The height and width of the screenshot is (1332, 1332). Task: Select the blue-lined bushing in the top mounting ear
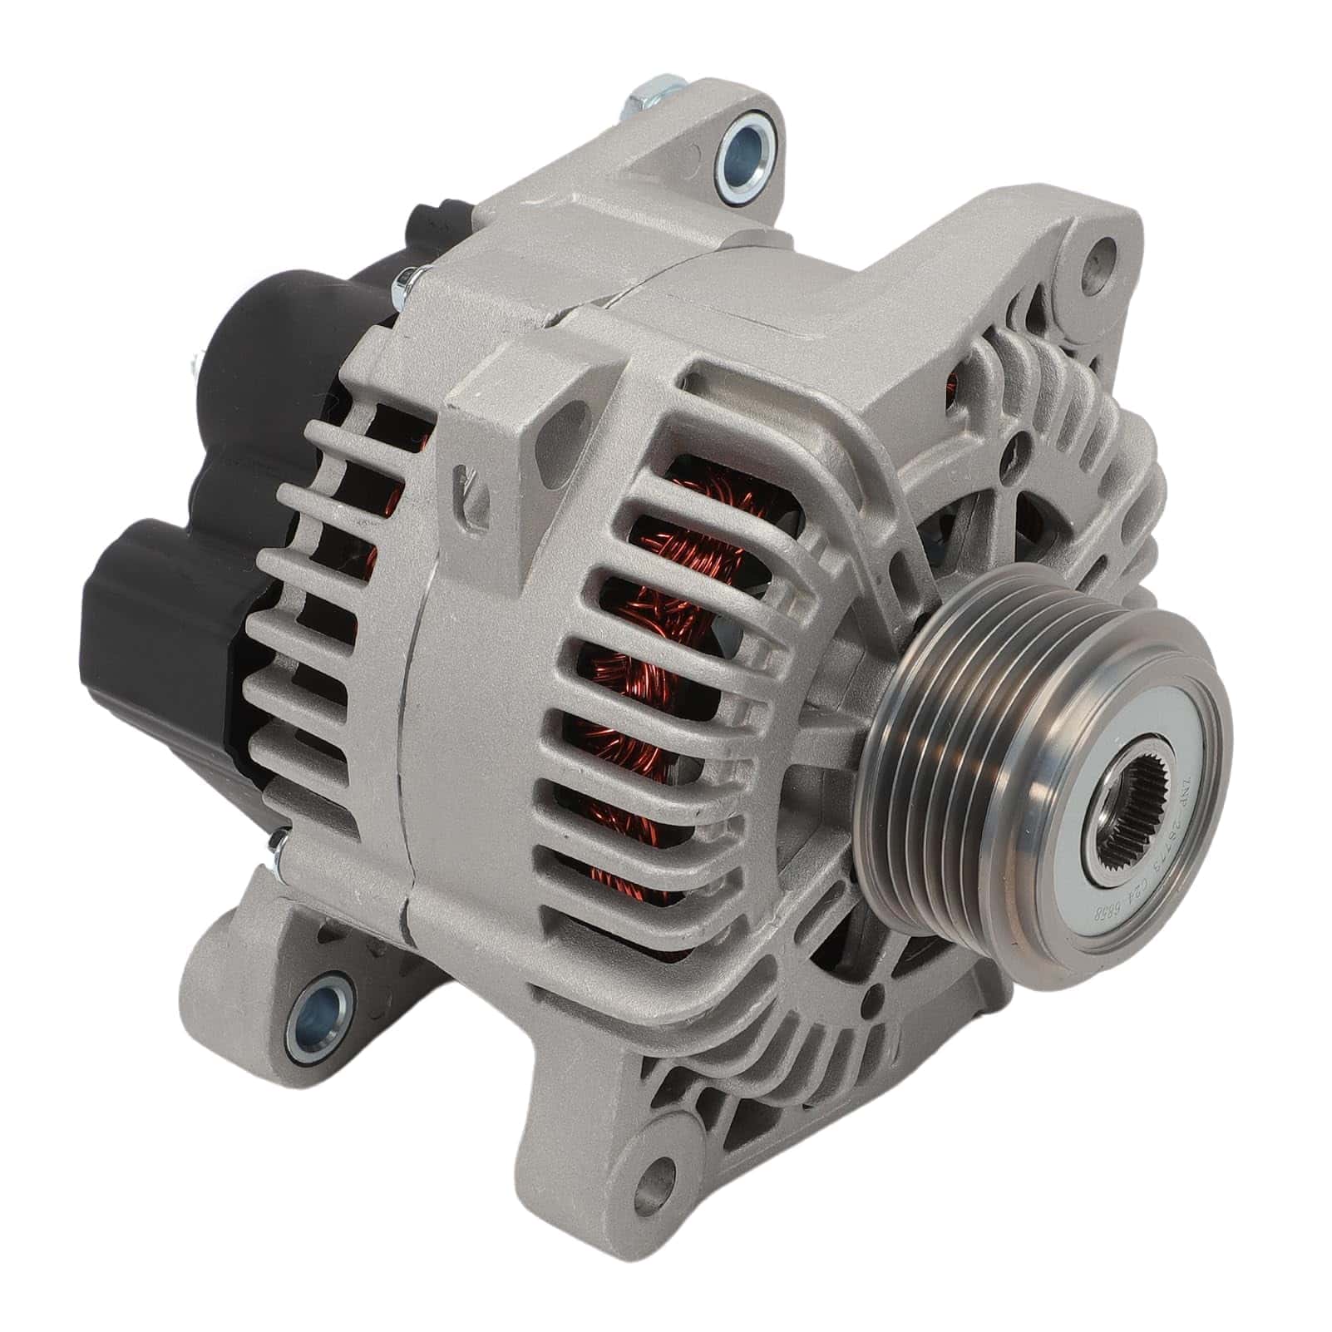pos(737,150)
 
